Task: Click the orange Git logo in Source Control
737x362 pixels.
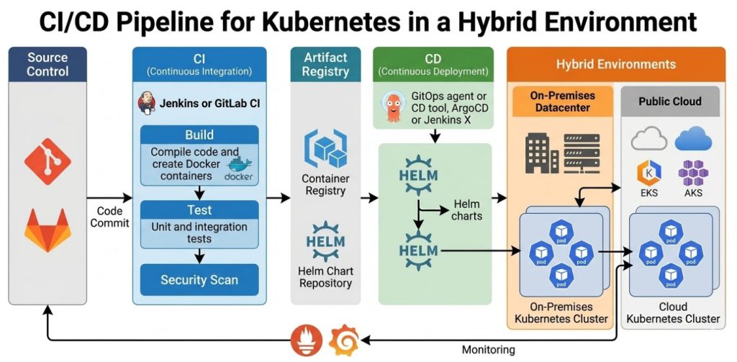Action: tap(48, 162)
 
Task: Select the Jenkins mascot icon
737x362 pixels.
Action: tap(147, 104)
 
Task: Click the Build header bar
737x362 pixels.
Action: tap(199, 135)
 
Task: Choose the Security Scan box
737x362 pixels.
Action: tap(199, 280)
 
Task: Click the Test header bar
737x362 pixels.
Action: tap(199, 210)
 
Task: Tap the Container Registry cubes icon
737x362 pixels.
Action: tap(325, 148)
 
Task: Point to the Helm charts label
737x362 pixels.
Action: tap(468, 209)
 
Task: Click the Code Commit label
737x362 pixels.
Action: tap(109, 217)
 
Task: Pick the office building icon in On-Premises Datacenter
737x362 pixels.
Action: tap(542, 152)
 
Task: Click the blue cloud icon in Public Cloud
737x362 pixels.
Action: tap(693, 138)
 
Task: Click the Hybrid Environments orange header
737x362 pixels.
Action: tap(615, 64)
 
